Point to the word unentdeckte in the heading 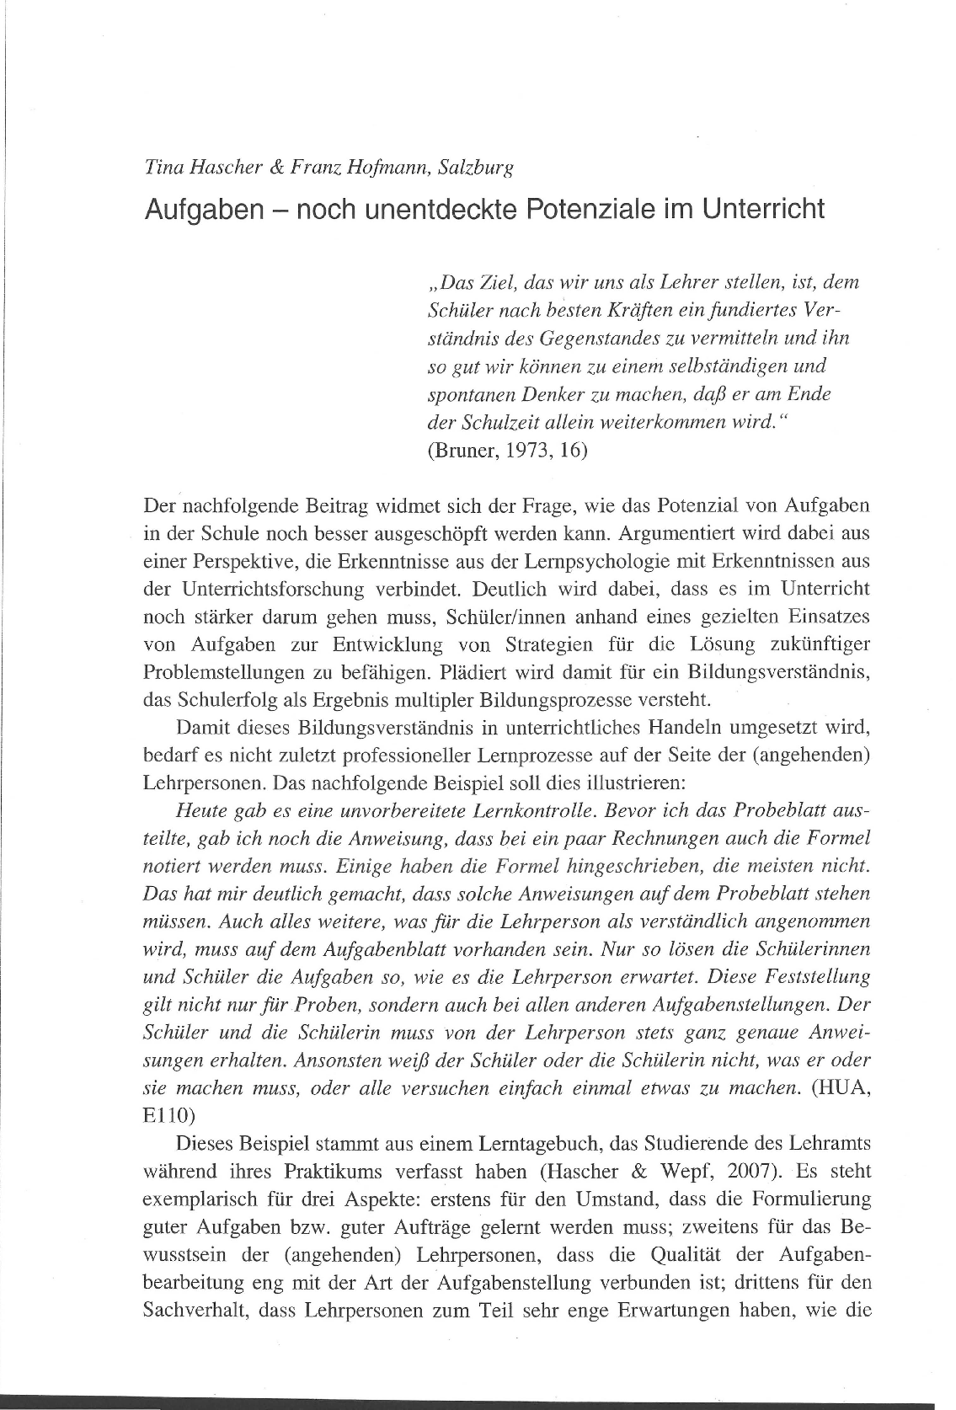pos(445,208)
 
